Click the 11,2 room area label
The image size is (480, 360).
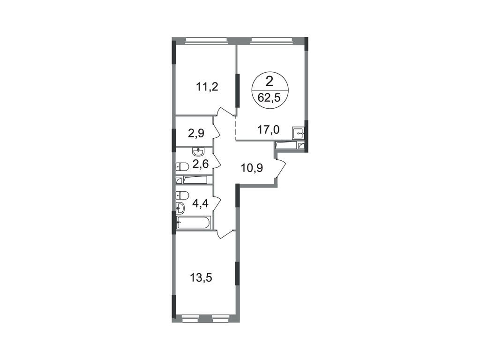click(207, 88)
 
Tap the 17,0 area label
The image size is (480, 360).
click(268, 130)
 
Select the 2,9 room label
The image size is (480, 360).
click(196, 134)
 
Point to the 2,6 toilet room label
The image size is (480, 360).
click(201, 165)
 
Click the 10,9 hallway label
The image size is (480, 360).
click(252, 168)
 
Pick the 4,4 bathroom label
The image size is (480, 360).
click(200, 203)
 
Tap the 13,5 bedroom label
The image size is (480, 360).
click(201, 278)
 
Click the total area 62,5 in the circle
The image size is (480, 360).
click(269, 98)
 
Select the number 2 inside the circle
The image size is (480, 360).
click(270, 82)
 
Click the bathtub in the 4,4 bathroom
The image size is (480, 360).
click(194, 223)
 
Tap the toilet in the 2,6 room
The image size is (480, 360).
click(182, 167)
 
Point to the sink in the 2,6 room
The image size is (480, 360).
click(199, 152)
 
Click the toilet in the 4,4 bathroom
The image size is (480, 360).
click(182, 195)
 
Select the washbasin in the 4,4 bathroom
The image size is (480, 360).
click(180, 208)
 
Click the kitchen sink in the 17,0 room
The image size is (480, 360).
click(298, 133)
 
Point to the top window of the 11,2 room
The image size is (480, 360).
click(206, 39)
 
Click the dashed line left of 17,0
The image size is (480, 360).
click(235, 128)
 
